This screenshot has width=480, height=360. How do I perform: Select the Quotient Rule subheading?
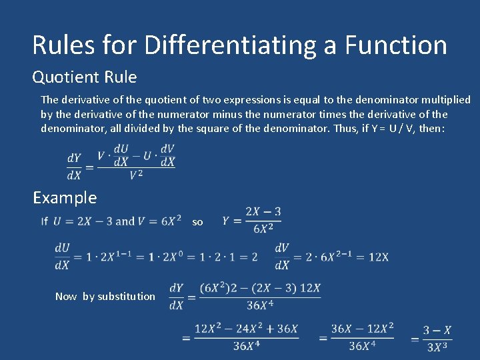click(85, 77)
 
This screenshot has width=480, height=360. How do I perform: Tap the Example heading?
click(65, 197)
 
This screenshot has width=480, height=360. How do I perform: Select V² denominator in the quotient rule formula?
click(136, 175)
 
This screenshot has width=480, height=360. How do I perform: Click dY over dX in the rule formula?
click(74, 167)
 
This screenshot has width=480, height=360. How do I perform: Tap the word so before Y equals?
click(197, 222)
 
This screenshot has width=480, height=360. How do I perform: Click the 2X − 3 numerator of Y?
click(263, 212)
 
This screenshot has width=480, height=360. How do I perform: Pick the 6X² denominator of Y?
click(263, 228)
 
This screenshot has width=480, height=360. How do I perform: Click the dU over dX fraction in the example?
click(62, 257)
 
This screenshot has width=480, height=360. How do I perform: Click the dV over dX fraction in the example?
click(282, 257)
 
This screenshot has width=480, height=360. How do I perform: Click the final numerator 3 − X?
click(437, 330)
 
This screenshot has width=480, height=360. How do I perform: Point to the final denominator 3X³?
click(437, 347)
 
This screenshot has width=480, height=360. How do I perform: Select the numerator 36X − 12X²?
click(363, 329)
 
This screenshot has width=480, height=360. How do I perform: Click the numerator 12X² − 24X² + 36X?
click(246, 329)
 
